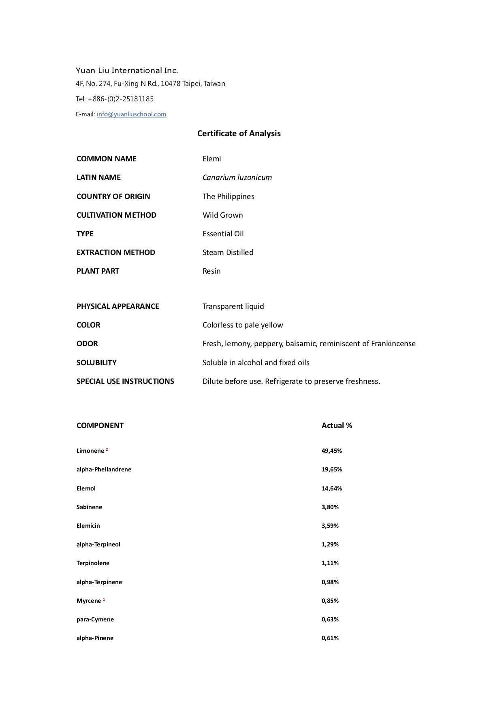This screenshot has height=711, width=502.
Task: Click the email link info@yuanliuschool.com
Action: (131, 114)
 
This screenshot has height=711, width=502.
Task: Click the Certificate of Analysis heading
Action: (239, 133)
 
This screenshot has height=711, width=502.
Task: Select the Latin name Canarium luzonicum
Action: (237, 178)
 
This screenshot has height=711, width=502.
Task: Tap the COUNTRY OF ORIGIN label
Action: (113, 197)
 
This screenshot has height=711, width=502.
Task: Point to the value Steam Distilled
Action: (228, 253)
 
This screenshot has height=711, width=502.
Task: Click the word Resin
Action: (211, 271)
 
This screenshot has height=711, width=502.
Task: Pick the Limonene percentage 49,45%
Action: (331, 451)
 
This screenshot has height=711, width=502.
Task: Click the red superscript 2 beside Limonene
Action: (107, 450)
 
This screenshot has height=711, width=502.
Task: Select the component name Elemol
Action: (86, 488)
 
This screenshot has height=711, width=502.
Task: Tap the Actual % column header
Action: (337, 426)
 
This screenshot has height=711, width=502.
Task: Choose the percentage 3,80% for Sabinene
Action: (330, 507)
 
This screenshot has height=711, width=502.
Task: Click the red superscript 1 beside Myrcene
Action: (104, 600)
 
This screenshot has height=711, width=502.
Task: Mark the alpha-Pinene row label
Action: (95, 638)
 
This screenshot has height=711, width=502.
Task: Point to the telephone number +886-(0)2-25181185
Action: (121, 99)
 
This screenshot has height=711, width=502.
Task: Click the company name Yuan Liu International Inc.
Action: (127, 71)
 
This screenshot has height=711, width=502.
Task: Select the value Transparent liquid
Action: (233, 306)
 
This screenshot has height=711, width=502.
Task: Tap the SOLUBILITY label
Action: (96, 363)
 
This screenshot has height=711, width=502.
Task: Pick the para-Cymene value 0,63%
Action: (330, 619)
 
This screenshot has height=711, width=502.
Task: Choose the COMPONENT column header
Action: (100, 426)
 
